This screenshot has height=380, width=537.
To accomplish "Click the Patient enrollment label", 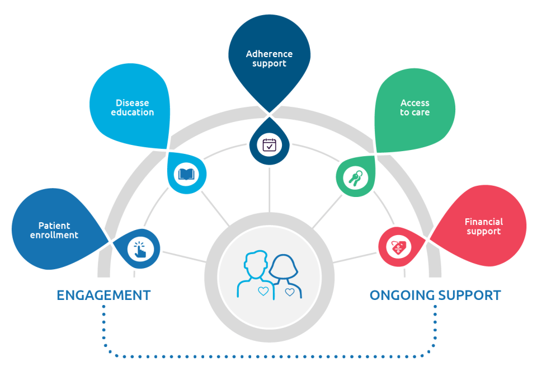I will (x=54, y=231).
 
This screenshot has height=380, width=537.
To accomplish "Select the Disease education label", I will (x=133, y=107).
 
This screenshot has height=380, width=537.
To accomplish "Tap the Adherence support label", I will (x=269, y=59).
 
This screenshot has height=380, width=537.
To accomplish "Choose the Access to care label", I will (x=414, y=107).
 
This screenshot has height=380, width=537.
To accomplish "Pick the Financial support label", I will (x=484, y=227).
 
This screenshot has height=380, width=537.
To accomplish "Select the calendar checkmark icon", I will (x=270, y=144).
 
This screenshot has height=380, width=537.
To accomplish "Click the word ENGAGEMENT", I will (x=103, y=295).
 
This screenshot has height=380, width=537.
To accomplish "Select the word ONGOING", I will (x=402, y=295).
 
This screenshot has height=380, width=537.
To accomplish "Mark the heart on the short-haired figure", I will (x=263, y=291).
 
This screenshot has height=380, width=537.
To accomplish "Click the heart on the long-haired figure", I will (x=289, y=292).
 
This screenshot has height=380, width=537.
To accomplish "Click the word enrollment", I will (x=54, y=236).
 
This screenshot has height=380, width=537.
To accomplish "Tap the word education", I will (x=133, y=112).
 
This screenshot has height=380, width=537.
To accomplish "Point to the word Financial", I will (x=484, y=222).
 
